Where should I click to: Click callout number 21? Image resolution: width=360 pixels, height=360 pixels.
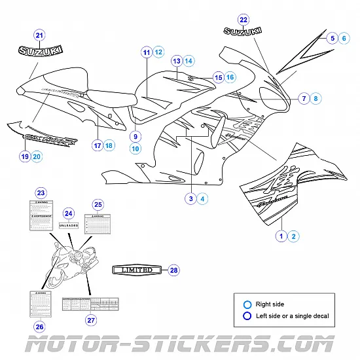point(39,35)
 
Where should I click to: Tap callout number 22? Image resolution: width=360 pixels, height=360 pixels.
point(243,19)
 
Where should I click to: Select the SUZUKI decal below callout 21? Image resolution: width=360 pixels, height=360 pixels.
point(41,50)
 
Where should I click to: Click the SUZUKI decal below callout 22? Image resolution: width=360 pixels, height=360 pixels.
point(243,31)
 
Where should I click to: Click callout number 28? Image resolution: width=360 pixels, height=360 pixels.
point(173,270)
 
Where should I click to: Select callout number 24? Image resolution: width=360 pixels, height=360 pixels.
point(69,213)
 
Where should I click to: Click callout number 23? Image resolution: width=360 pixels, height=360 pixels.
point(41,192)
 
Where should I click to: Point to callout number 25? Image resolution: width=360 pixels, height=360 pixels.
point(98,204)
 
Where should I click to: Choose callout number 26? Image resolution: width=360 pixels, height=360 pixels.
point(39,327)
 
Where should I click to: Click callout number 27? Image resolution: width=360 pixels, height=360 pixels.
point(91,320)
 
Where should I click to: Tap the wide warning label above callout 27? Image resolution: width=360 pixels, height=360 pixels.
point(91,304)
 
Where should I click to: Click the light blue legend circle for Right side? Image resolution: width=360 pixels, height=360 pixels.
point(247,304)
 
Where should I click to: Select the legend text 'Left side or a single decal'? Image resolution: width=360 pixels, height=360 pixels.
point(293,315)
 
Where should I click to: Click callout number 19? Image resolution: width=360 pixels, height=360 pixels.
point(24,156)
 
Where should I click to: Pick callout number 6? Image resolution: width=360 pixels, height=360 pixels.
point(345,39)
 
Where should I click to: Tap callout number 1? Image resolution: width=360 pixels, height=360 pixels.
point(281,236)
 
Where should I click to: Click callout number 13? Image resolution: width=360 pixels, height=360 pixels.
point(176,61)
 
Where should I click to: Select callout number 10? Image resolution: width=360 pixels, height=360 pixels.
point(135,149)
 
